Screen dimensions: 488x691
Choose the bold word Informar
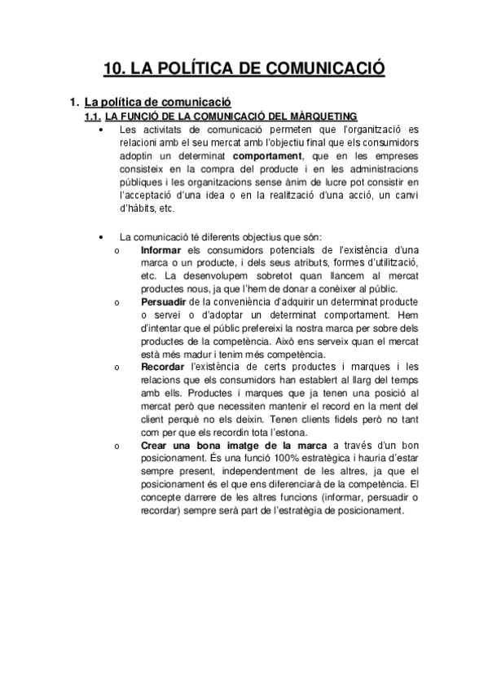coord(160,249)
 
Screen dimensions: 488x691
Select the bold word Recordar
coord(163,367)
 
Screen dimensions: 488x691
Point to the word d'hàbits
coord(139,208)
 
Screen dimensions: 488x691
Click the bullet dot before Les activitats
coord(99,130)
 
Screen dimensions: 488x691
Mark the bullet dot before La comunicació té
coord(99,236)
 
